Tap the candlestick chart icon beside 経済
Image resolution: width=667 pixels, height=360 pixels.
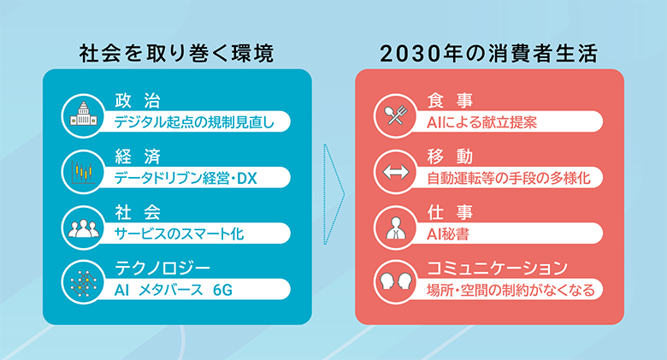pos(83,172)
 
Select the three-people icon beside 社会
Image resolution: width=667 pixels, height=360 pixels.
pos(83,227)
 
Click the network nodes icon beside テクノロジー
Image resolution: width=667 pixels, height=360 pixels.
pos(83,282)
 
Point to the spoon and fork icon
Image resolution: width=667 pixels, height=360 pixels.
pos(395,115)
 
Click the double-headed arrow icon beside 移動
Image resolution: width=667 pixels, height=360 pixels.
pos(395,172)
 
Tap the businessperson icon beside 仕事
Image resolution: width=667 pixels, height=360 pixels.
pos(395,227)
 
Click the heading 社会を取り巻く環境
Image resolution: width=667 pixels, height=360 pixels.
pos(176,54)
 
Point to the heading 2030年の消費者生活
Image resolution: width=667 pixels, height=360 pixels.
pos(489,54)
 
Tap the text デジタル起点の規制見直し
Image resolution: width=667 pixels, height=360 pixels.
pos(194,122)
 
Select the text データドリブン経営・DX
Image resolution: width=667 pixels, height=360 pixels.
pos(186,179)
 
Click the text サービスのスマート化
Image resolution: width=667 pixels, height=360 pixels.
pos(179,234)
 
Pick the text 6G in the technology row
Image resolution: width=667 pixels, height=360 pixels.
pos(222,290)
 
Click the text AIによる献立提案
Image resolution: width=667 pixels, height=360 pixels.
pos(482,122)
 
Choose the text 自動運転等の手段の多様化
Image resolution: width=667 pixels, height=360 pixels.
pos(509,179)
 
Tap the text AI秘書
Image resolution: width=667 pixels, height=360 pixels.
pos(448,234)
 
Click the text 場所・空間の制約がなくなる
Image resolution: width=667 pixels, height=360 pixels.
pos(511,290)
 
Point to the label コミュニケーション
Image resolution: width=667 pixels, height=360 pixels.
pos(498,269)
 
